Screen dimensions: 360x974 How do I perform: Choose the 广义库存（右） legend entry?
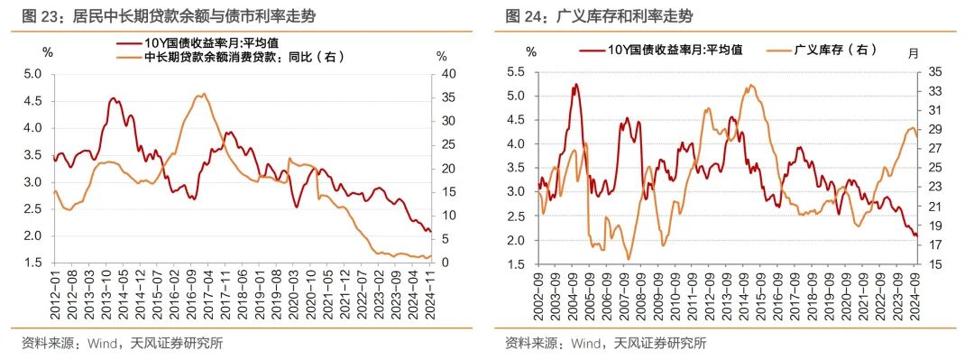pyautogui.click(x=835, y=50)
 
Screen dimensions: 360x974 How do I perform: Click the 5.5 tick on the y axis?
pyautogui.click(x=518, y=71)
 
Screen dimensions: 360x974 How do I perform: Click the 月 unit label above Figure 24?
pyautogui.click(x=913, y=51)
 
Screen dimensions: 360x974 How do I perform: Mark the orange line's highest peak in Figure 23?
pyautogui.click(x=204, y=93)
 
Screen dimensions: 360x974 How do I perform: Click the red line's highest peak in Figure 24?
pyautogui.click(x=575, y=84)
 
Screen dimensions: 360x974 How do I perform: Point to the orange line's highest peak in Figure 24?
pyautogui.click(x=749, y=86)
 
